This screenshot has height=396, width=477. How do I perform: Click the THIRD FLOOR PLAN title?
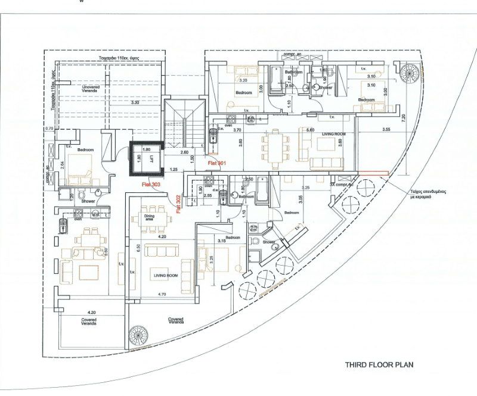[x=379, y=364]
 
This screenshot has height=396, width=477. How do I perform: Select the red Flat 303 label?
[x=151, y=185]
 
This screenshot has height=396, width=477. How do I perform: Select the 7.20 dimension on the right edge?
[x=404, y=118]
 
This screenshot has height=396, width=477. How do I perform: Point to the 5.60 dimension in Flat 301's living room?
[x=310, y=129]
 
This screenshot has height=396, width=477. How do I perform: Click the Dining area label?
[x=148, y=217]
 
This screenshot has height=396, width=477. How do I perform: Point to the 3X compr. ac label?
[x=342, y=185]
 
